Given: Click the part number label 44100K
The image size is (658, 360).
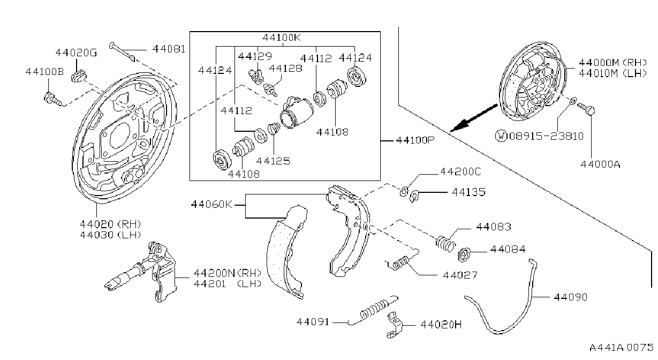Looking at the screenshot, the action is tap(282, 37).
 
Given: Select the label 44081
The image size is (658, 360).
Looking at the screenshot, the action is tap(169, 49).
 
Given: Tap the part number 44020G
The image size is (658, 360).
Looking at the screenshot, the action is tap(76, 52).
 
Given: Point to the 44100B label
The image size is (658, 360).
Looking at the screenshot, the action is tap(44, 72).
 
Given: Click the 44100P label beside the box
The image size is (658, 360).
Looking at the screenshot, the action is tap(415, 140).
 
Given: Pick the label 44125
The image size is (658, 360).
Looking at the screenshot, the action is tap(273, 161).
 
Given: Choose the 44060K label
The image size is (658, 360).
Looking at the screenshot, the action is tap(211, 204).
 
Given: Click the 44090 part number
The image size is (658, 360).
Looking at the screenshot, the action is tap(570, 297).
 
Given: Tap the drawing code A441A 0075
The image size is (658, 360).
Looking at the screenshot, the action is tap(621, 348).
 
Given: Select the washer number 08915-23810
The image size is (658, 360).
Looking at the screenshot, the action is tap(547, 137).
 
